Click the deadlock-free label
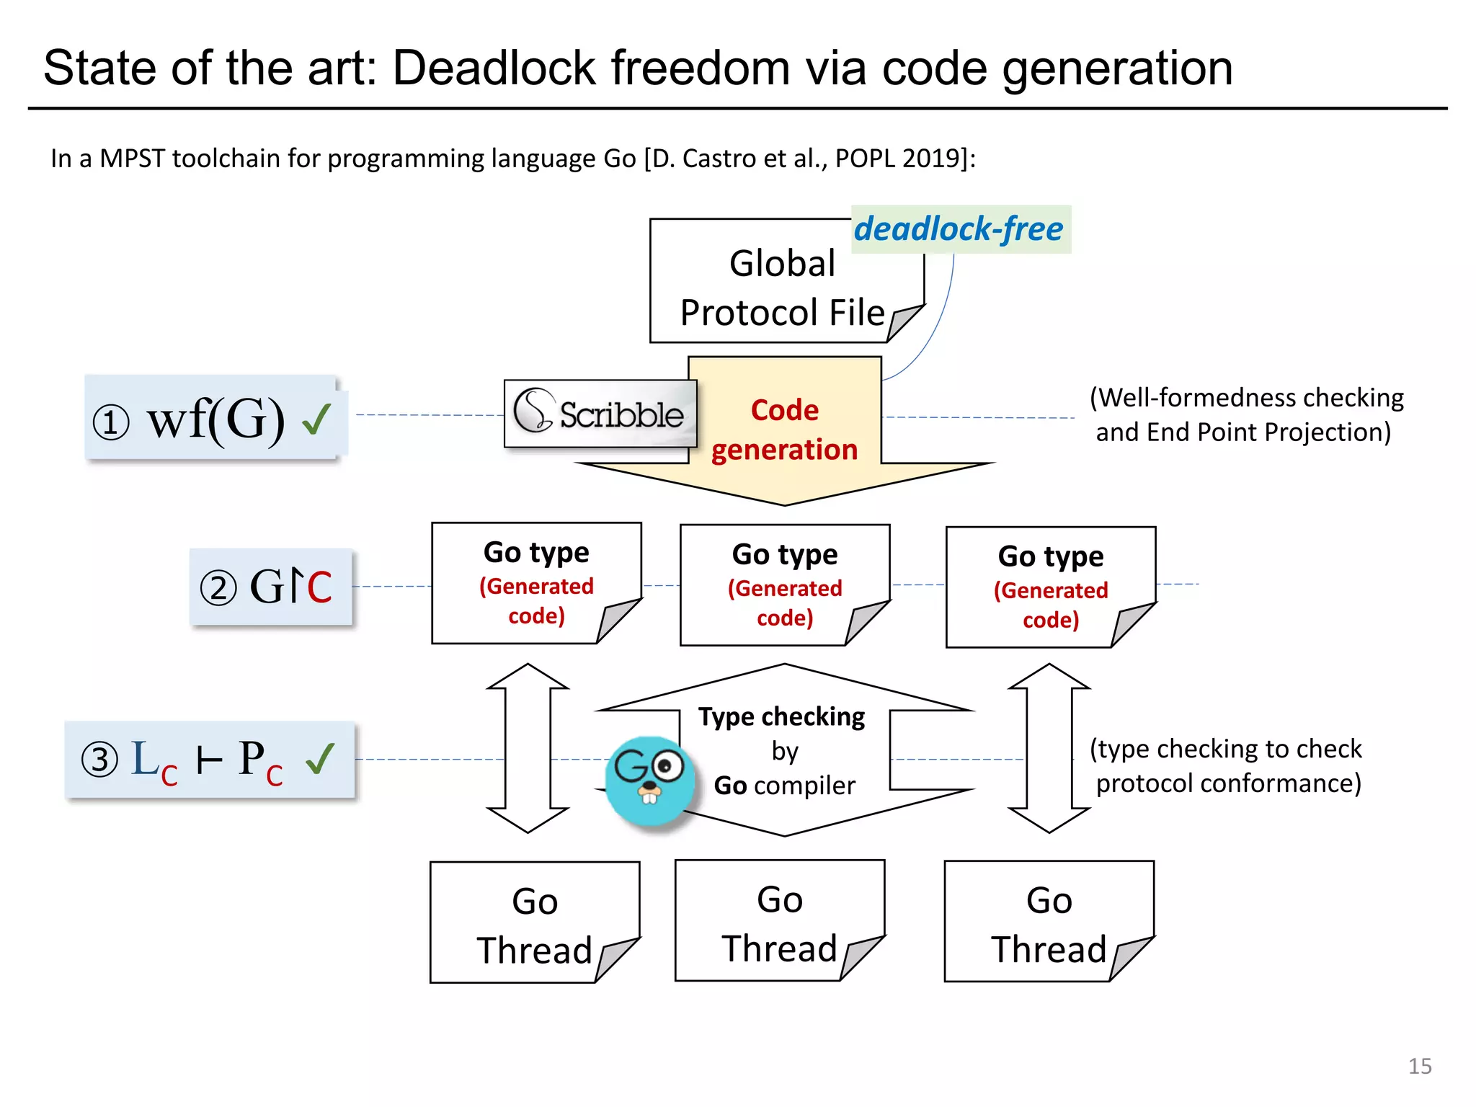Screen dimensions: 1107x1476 coord(959,229)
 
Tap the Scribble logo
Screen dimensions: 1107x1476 coord(600,413)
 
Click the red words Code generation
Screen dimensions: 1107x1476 coord(784,430)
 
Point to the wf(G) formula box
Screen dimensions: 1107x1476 coord(215,418)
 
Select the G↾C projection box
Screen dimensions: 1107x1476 coord(270,587)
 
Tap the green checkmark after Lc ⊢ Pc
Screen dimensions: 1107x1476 coord(320,758)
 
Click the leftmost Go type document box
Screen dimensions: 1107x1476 coord(535,583)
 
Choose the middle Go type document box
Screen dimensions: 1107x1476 coord(784,585)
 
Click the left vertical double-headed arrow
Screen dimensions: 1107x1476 coord(528,748)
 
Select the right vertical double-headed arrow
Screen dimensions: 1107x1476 coord(1049,748)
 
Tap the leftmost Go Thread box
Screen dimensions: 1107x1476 coord(534,922)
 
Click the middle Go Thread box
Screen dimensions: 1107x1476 coord(779,920)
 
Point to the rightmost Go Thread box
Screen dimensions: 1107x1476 coord(1049,922)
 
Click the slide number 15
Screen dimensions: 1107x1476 coord(1419,1066)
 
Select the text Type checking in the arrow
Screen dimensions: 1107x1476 coord(781,716)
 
